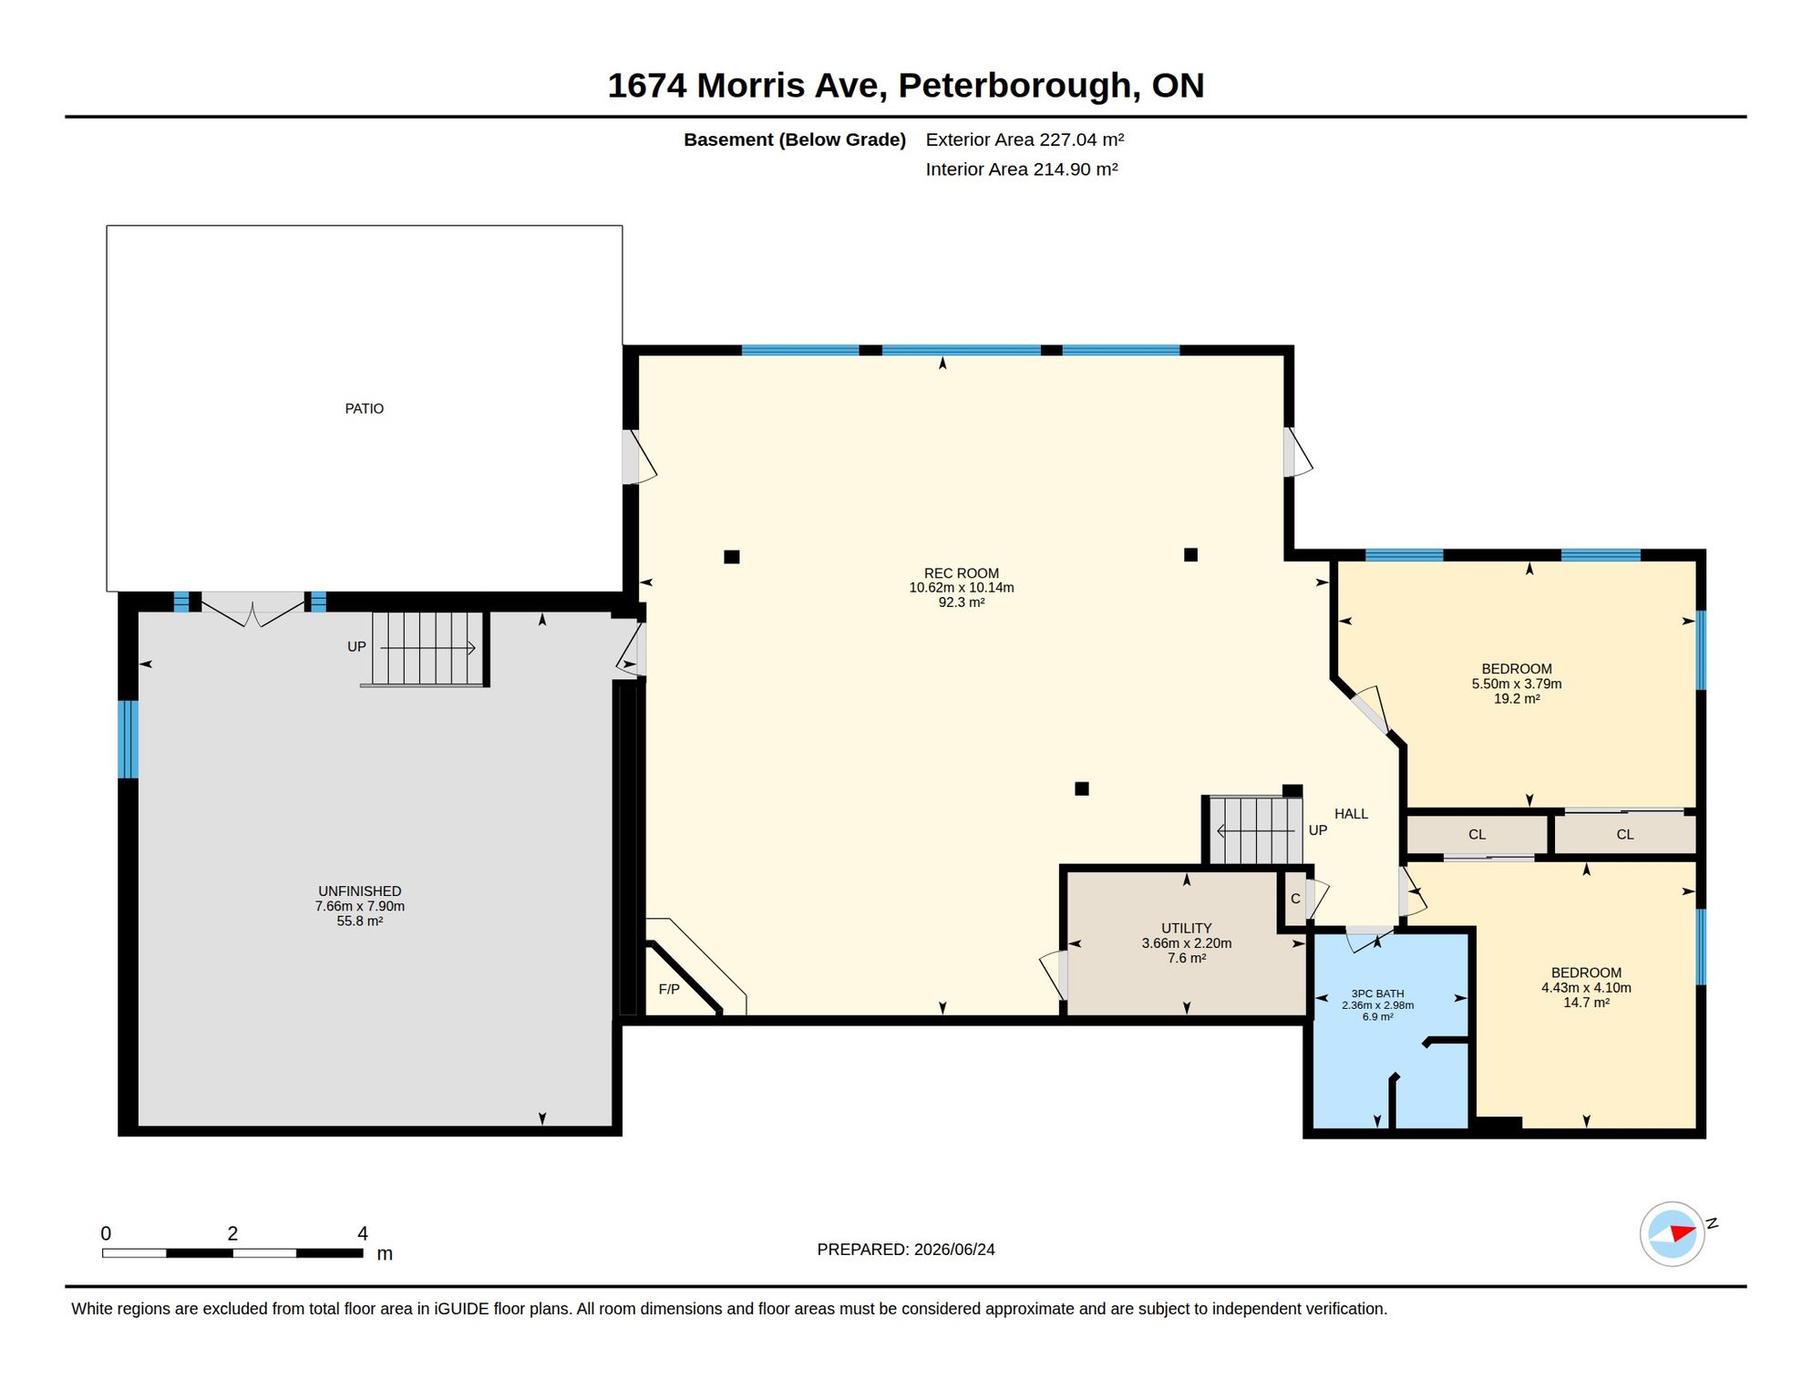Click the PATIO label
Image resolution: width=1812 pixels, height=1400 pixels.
(x=364, y=409)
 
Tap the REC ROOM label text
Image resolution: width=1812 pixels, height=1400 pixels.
(x=961, y=573)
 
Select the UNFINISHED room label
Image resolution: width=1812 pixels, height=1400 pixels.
(x=359, y=891)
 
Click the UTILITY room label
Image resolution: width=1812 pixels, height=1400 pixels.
(x=1186, y=929)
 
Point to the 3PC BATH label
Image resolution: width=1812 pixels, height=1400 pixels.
(x=1377, y=993)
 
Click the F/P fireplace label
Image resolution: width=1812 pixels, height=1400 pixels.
(x=669, y=990)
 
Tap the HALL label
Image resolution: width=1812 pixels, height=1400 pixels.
(x=1351, y=814)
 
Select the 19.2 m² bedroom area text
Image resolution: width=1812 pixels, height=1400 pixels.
(x=1517, y=699)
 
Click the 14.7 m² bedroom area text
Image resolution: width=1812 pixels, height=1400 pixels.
(x=1586, y=1003)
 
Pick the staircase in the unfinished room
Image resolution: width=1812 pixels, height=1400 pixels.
(x=427, y=648)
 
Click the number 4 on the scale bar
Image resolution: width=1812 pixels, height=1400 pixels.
(x=363, y=1233)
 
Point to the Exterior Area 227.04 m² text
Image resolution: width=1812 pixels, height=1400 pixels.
(x=1024, y=139)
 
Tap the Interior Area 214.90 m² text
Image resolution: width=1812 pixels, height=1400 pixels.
(x=1022, y=170)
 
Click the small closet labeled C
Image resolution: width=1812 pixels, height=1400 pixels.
(x=1295, y=899)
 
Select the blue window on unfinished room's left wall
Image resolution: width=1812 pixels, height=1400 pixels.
(x=129, y=739)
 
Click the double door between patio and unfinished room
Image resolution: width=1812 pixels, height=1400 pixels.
(x=252, y=609)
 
